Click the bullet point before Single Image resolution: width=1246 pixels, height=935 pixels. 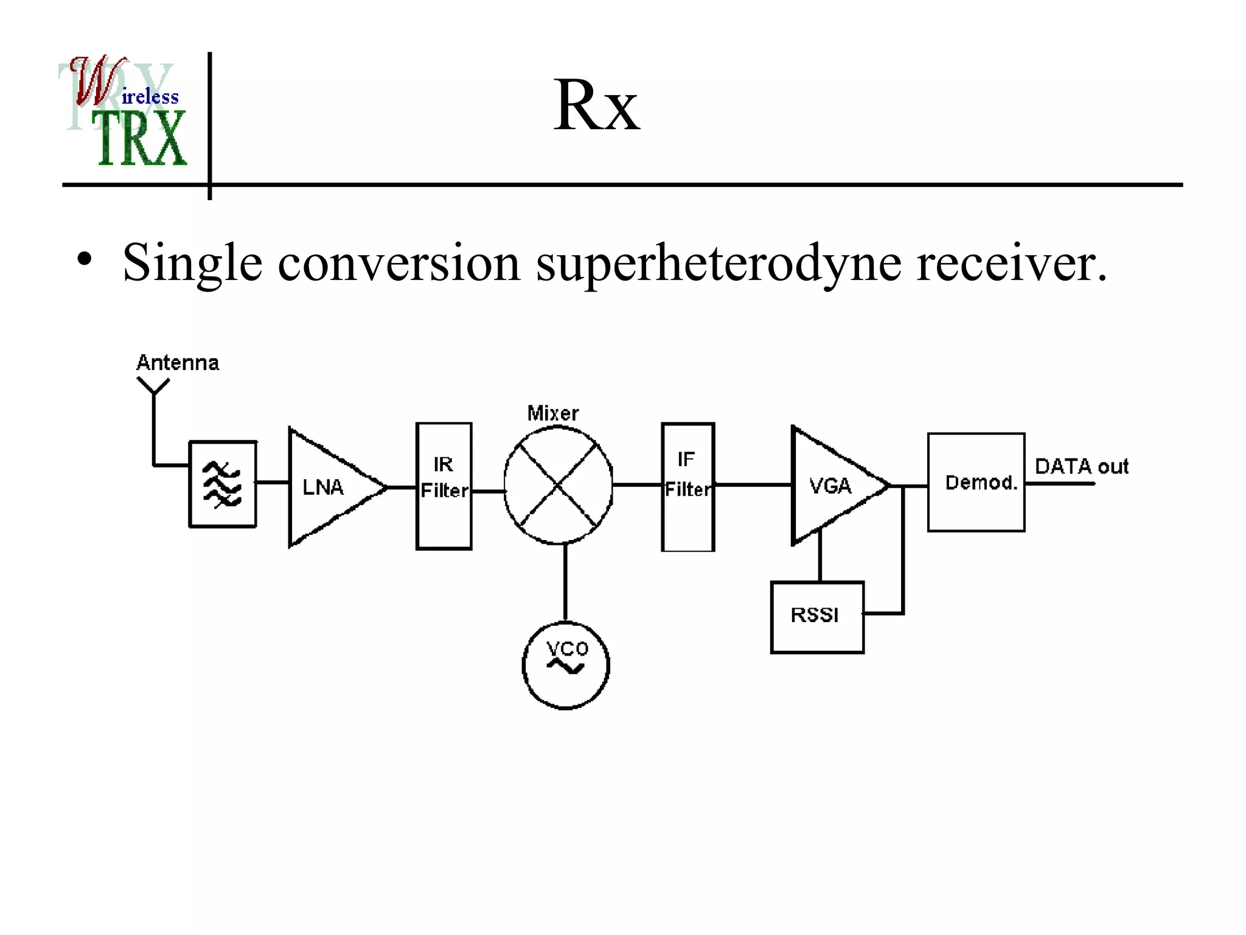[x=85, y=259]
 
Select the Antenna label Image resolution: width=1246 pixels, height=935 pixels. [x=177, y=363]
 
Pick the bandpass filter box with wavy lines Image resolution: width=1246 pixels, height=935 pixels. [x=223, y=484]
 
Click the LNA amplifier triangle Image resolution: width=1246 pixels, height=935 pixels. [x=329, y=487]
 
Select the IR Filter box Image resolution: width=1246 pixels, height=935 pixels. [x=444, y=486]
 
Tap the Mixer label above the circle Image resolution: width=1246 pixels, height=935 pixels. [x=552, y=413]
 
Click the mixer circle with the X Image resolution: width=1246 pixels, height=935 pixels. [x=558, y=485]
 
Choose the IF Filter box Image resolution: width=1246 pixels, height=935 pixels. [x=687, y=486]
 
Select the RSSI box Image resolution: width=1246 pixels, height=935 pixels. [x=816, y=617]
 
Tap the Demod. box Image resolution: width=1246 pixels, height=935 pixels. [x=976, y=482]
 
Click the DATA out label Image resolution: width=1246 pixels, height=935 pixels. [x=1081, y=466]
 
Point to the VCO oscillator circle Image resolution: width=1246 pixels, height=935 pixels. [x=565, y=665]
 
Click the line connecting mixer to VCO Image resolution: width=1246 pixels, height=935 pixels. [x=565, y=581]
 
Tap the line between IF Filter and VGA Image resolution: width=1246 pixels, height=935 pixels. [x=753, y=485]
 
